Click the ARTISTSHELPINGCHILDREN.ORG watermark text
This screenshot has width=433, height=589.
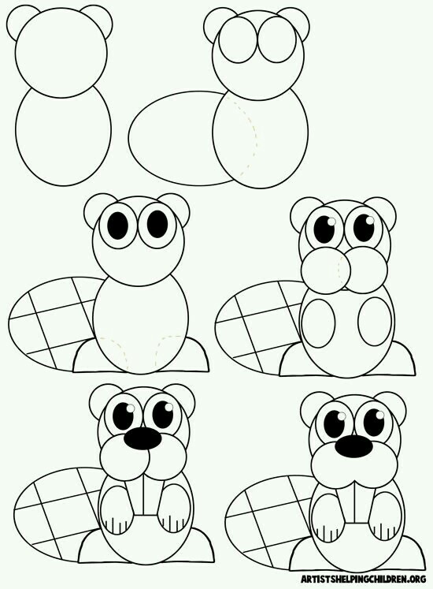363,578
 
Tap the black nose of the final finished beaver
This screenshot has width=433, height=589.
353,446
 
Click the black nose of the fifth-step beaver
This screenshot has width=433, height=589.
143,438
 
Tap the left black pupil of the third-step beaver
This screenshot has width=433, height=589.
118,225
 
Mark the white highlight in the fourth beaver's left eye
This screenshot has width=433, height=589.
331,222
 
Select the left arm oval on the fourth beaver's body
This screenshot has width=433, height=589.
319,323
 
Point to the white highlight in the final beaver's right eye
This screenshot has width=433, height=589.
380,415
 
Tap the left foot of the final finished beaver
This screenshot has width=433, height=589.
304,551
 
